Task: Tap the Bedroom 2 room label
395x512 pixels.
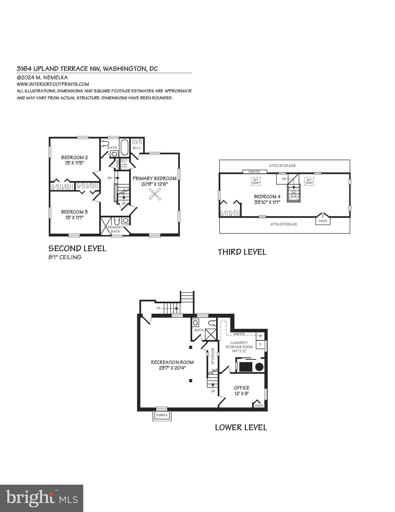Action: (74, 157)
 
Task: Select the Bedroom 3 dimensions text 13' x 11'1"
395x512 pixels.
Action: (74, 217)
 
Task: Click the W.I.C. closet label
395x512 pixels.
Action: (137, 148)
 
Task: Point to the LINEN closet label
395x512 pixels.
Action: (117, 164)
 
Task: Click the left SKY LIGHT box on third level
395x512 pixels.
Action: (256, 181)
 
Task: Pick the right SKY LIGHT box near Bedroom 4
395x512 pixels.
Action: (309, 181)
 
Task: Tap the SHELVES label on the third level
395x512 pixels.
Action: (254, 172)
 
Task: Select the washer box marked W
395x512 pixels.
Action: (260, 336)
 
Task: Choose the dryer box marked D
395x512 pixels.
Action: (260, 344)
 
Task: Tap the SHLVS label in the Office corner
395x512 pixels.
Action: (259, 406)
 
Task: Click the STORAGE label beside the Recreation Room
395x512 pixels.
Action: (212, 360)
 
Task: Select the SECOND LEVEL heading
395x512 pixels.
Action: (77, 248)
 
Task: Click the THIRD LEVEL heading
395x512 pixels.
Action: (242, 252)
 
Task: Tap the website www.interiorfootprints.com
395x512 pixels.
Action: (53, 84)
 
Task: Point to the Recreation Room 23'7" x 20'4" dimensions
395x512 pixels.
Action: (172, 368)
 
